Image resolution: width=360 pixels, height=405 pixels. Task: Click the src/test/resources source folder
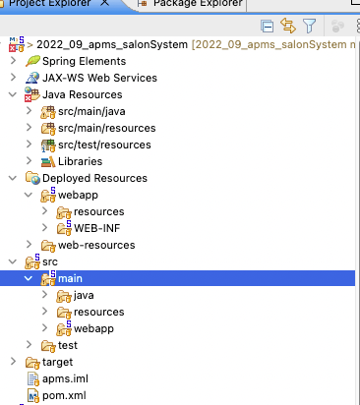(x=104, y=145)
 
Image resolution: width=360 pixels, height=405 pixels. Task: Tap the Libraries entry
(x=80, y=161)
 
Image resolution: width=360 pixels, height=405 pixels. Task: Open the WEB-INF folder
(x=97, y=228)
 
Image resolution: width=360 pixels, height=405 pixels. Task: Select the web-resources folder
(x=96, y=245)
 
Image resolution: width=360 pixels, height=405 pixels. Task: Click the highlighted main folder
(x=70, y=278)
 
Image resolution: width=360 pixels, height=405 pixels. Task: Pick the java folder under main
(x=83, y=295)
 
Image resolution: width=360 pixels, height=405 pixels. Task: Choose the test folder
(x=67, y=345)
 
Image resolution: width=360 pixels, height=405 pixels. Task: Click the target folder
(x=57, y=362)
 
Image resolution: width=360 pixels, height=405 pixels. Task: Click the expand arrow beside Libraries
(x=29, y=161)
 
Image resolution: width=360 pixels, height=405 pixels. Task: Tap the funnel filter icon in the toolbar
(x=309, y=26)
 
